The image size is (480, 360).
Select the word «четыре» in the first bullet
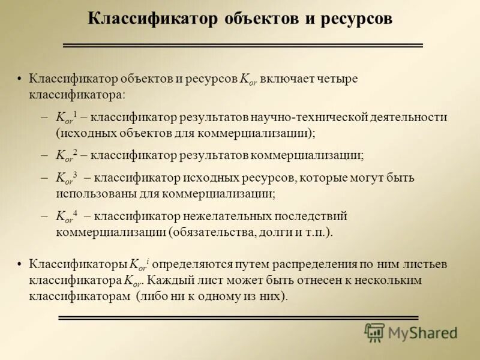(337, 80)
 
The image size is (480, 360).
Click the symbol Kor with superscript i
(140, 265)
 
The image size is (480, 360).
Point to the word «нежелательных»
(235, 217)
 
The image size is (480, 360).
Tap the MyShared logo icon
(374, 332)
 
